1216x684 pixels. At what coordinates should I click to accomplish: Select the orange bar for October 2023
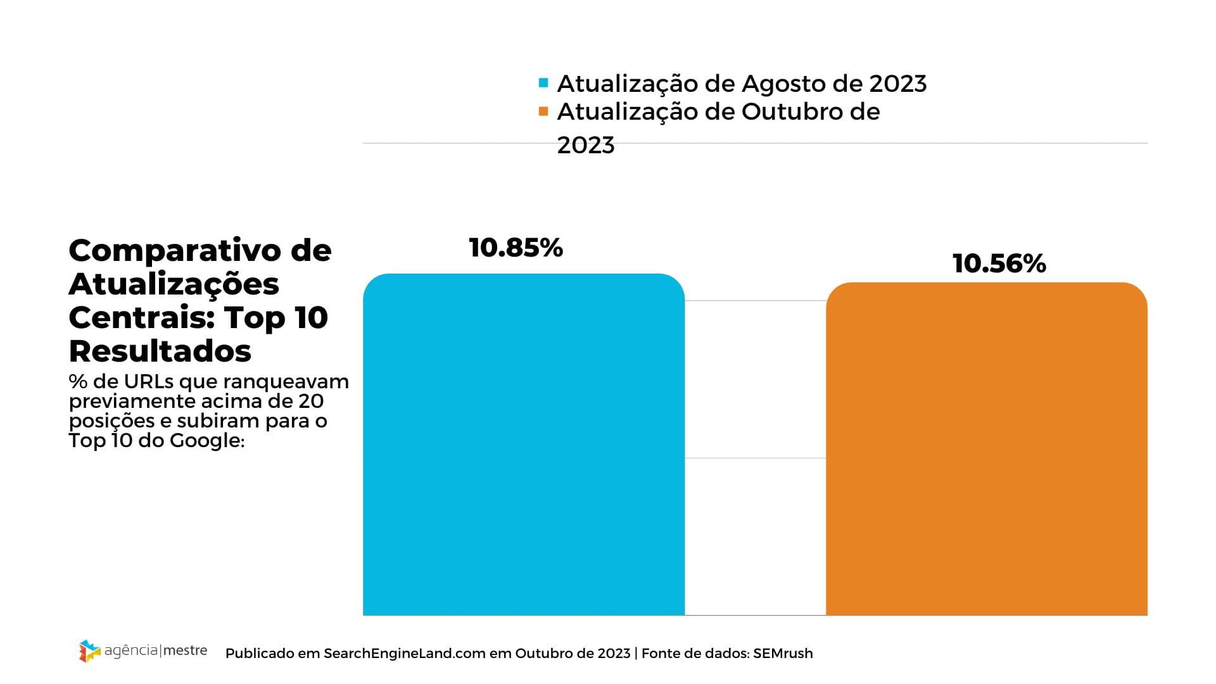point(986,449)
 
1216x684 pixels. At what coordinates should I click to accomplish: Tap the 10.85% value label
point(516,248)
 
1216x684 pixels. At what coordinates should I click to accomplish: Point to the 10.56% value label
point(999,263)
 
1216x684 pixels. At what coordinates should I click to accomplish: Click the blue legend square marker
point(543,83)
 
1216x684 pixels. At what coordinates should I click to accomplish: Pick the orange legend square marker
point(543,111)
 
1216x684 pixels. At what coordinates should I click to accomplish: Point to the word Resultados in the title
point(160,351)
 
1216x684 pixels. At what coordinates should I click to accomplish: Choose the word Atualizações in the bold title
point(174,284)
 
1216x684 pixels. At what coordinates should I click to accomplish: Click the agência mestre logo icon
point(89,651)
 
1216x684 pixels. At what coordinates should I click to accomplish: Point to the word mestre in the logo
point(186,650)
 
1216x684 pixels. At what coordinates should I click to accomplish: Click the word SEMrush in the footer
point(783,653)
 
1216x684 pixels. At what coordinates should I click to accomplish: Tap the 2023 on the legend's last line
point(585,145)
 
